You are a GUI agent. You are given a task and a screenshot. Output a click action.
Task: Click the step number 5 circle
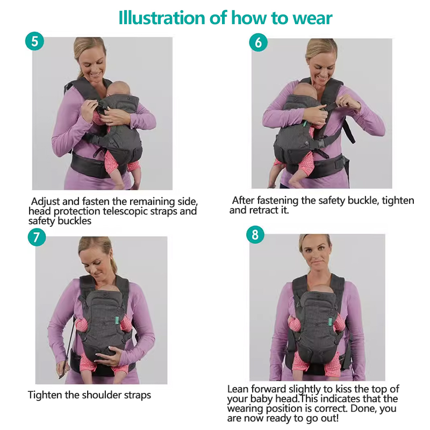coord(34,41)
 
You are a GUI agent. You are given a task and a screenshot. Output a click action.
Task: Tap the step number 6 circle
coord(259,42)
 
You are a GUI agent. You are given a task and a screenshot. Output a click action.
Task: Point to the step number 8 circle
coord(255,235)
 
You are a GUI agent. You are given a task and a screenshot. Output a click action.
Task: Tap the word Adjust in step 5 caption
coord(45,202)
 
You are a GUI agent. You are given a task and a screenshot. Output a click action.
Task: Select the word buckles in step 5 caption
coord(74,221)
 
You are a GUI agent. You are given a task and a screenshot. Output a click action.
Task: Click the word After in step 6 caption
coord(243,200)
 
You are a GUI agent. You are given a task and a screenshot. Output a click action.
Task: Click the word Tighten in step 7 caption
coord(45,395)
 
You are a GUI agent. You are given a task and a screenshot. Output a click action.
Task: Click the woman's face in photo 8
coord(314,254)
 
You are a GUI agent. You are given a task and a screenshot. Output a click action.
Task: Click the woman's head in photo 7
coord(96,255)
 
